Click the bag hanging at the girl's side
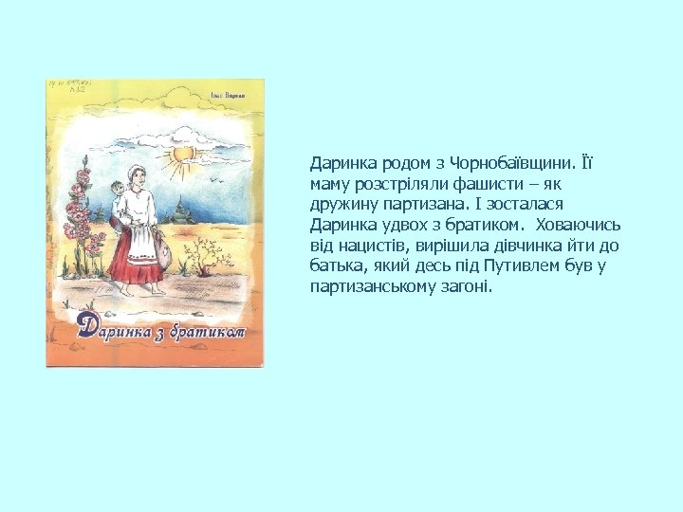pyautogui.click(x=163, y=253)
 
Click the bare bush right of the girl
pyautogui.click(x=202, y=256)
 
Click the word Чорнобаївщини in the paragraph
pyautogui.click(x=493, y=164)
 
